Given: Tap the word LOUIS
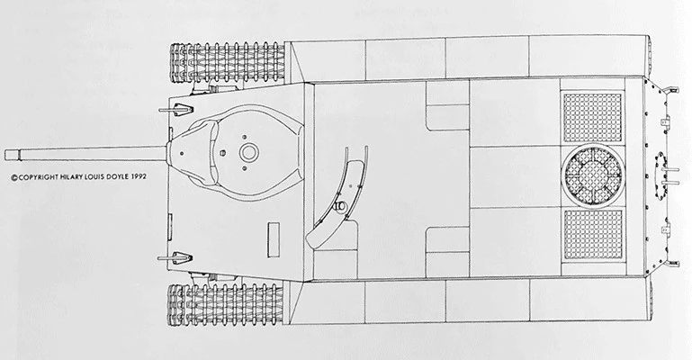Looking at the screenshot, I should coord(101,178).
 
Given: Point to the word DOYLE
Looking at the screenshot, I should coord(125,178).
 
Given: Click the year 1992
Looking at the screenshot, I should coord(148,178).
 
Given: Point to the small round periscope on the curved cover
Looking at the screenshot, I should coord(339,208).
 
